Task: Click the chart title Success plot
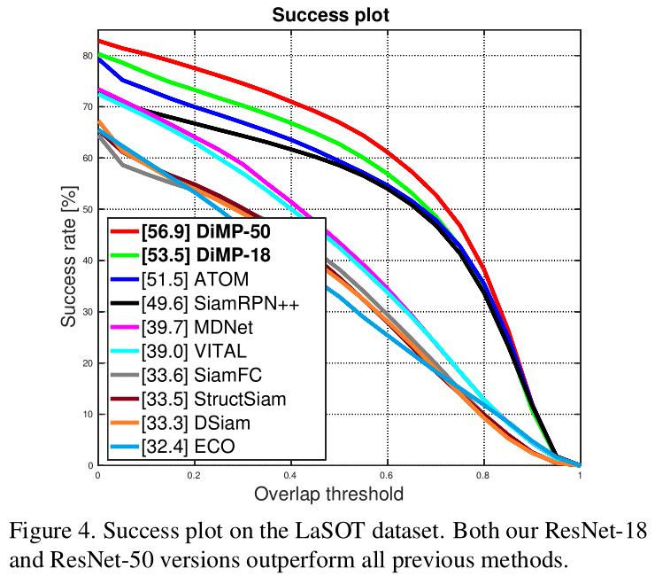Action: (338, 15)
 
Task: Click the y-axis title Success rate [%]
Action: (68, 252)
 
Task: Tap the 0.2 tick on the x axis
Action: (194, 475)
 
